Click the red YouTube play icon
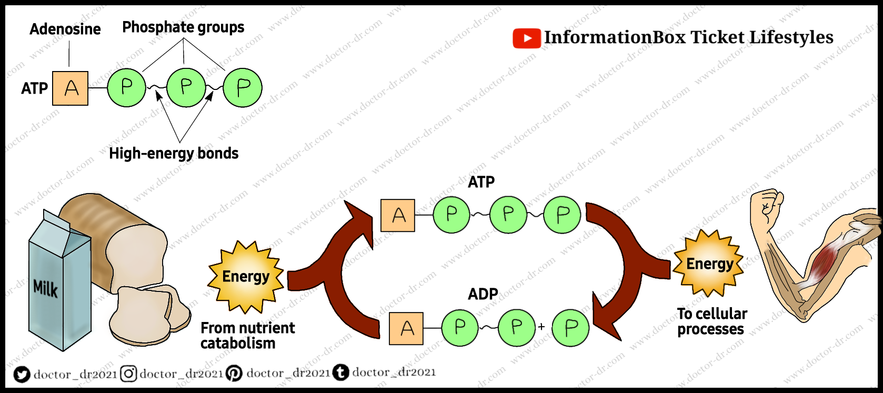point(526,38)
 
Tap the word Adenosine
point(65,29)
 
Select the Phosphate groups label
point(183,27)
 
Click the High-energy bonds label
point(174,153)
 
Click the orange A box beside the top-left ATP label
point(71,88)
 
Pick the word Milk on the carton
point(45,288)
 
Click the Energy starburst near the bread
point(246,277)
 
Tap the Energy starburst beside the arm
point(710,263)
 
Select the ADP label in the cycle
point(483,294)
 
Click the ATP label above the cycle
point(481,182)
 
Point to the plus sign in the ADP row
point(541,327)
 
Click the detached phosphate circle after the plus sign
point(570,328)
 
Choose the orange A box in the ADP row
point(406,328)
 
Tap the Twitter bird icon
point(22,374)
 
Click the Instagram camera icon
point(128,374)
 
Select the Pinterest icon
point(234,374)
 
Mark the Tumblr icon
point(341,373)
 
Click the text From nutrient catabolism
point(247,335)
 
